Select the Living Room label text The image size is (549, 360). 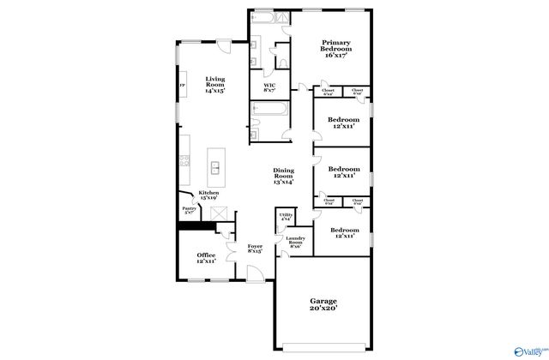pos(214,86)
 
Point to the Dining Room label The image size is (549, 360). pos(284,177)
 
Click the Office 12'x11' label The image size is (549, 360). pos(206,259)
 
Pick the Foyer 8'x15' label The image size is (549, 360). pos(256,250)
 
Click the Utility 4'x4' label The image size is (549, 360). pos(286,217)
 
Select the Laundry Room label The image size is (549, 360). pos(294,243)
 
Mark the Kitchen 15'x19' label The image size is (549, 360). pos(209,196)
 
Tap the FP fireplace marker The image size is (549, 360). pos(181,86)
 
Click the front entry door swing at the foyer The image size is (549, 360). pos(254,273)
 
